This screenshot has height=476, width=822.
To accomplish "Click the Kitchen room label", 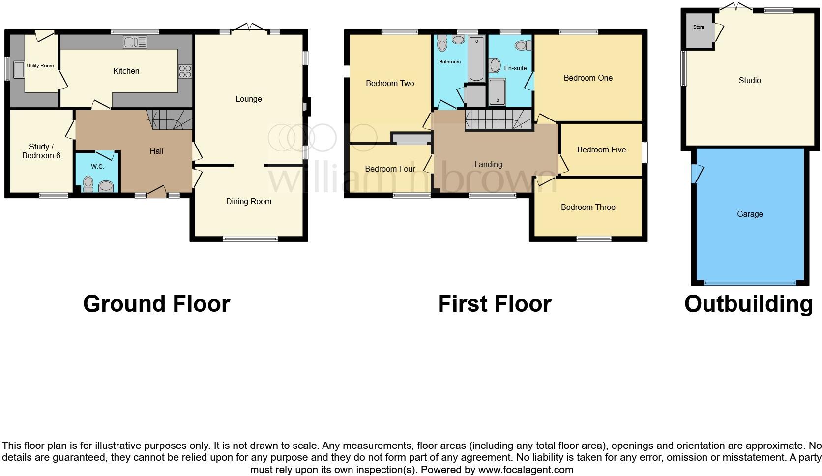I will coord(126,71).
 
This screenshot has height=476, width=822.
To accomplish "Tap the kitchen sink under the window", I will coord(135,43).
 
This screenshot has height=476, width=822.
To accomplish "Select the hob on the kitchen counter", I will coord(185,71).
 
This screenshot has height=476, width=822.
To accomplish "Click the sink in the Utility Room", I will coord(19,70).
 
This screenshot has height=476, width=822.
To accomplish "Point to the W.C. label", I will coord(97,166).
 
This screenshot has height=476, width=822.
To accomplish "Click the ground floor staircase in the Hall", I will coord(170,119).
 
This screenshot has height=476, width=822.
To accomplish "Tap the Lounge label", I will coord(248,99).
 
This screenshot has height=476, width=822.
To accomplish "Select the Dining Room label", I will coord(248,201).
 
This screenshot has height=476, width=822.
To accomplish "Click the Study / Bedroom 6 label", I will coord(41,151).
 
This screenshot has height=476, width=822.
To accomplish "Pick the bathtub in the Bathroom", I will coord(476,59).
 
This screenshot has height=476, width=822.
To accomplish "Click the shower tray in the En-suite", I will coord(497,92).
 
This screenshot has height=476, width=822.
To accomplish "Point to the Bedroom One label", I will coord(588,78).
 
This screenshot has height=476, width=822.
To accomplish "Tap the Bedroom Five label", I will coord(601,149).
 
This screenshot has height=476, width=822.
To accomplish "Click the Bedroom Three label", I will coord(588,207).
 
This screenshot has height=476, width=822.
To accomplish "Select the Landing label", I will coord(488,164).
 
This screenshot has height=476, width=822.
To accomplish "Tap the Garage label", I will coord(750,214).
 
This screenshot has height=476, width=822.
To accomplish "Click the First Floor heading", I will coord(495,304).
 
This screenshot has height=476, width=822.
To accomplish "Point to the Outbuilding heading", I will coord(748,304).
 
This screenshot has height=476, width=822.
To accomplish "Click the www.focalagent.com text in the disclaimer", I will coord(526,469).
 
